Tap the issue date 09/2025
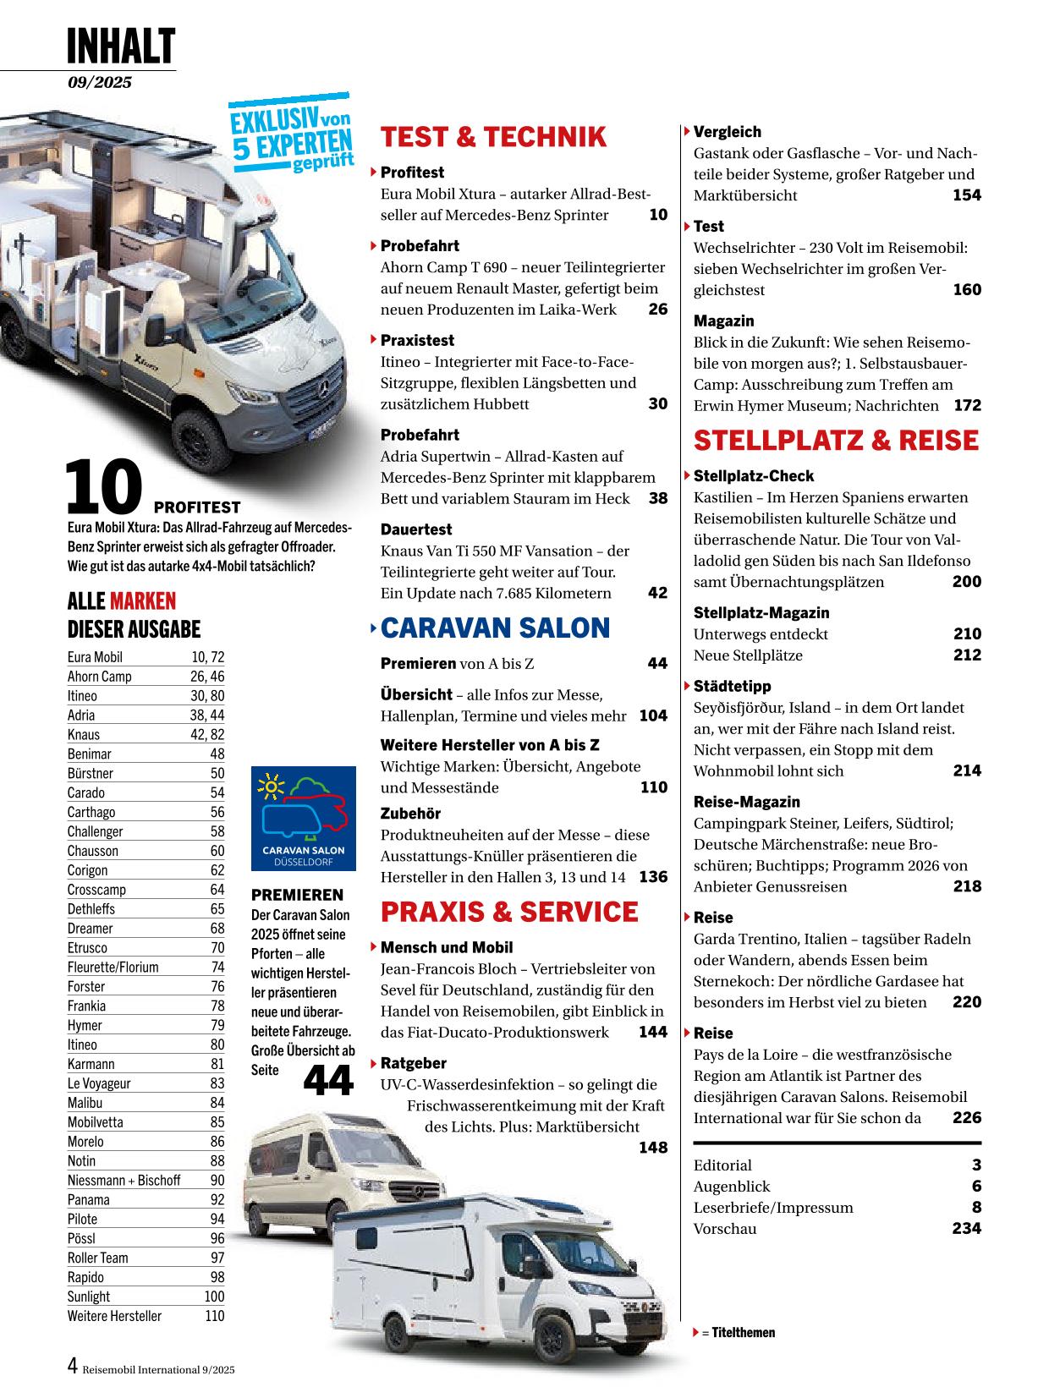101,82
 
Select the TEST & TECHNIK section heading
493,137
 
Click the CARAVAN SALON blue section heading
495,628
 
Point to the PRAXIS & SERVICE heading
509,912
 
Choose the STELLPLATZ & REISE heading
836,441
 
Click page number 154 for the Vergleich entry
966,195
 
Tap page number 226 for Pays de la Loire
966,1117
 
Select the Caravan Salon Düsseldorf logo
304,819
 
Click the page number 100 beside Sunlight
214,1297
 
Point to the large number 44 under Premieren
327,1080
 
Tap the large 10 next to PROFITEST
103,489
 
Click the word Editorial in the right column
722,1165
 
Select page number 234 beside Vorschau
966,1228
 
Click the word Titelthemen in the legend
744,1332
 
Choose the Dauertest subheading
416,529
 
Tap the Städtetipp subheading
732,686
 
